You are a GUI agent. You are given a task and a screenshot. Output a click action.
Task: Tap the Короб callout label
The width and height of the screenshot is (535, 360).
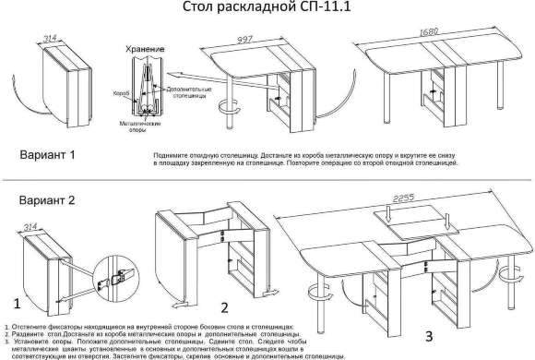(120, 92)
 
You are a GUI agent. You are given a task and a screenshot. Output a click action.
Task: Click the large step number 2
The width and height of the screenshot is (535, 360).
(224, 307)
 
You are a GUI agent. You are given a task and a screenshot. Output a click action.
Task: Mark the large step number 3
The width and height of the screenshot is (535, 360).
(427, 333)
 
